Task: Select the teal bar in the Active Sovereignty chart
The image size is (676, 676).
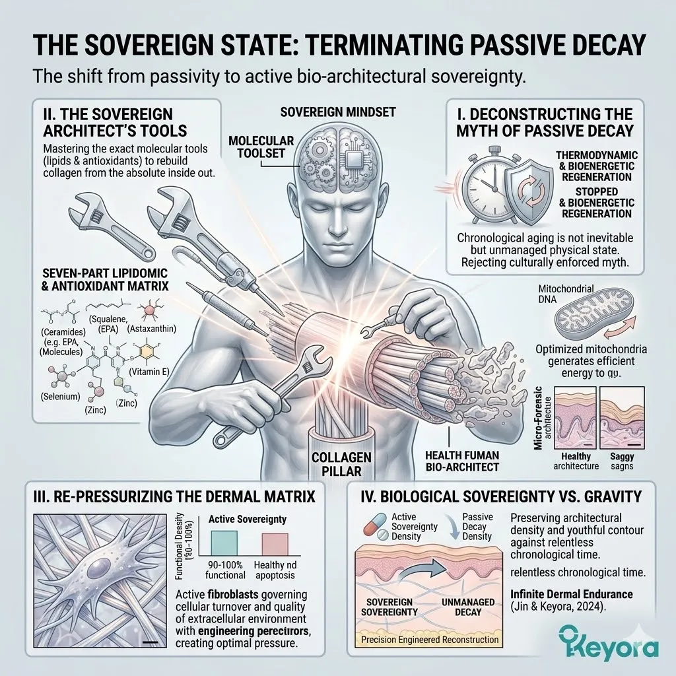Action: pos(227,543)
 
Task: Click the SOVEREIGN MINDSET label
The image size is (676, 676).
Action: pos(338,112)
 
